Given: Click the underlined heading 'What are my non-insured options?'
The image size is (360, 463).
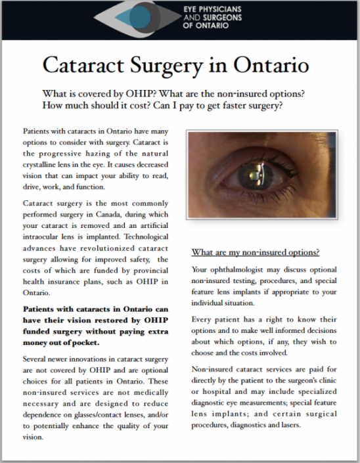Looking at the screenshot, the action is point(256,252).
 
